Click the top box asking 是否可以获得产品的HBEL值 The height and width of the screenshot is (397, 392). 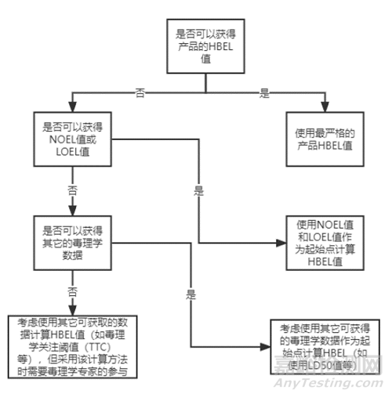point(205,46)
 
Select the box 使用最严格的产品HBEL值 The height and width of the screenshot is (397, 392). point(325,139)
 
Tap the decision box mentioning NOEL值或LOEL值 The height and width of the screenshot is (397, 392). point(72,139)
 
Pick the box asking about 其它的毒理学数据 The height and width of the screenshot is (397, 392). point(72,243)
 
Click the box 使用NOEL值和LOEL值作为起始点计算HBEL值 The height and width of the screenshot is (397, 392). point(325,243)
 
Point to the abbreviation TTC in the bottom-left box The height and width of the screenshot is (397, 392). point(98,348)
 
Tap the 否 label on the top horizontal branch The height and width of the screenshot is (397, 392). point(140,92)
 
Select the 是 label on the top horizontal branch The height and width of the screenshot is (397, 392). point(264,92)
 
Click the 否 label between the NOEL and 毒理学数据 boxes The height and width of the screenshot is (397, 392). point(72,190)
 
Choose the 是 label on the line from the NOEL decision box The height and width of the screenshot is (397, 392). point(198,191)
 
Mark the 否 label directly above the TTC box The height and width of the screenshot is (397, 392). point(72,292)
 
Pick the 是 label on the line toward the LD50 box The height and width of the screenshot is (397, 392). point(191,294)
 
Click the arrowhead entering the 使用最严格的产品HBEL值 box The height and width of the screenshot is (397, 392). point(325,106)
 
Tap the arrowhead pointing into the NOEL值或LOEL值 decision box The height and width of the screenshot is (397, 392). point(72,106)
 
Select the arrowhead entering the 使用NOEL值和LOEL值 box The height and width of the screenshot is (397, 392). point(281,243)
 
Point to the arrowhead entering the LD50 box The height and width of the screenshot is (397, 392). point(265,347)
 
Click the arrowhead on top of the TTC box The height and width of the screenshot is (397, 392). point(72,310)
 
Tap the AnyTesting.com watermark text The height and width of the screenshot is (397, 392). point(328,383)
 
